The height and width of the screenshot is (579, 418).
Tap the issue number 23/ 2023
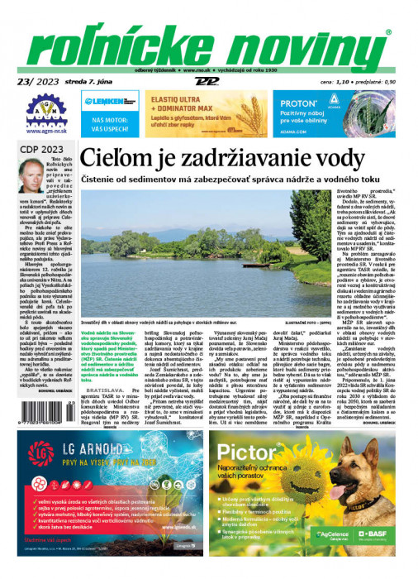point(37,81)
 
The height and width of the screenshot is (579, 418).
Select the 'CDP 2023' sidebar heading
point(37,149)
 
